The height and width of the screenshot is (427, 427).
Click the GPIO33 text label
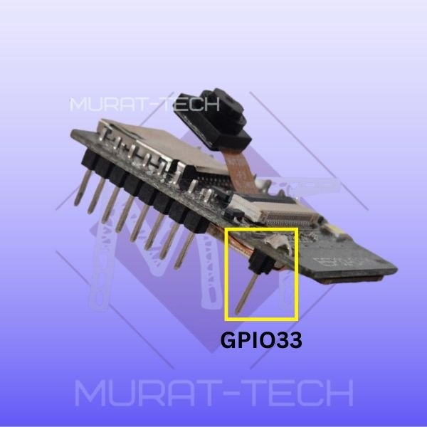pyautogui.click(x=260, y=341)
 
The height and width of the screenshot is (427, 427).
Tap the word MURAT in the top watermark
pyautogui.click(x=107, y=105)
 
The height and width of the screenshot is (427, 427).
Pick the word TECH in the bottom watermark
pyautogui.click(x=305, y=393)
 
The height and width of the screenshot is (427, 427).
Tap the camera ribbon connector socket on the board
pyautogui.click(x=270, y=211)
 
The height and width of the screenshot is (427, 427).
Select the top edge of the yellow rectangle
pyautogui.click(x=260, y=230)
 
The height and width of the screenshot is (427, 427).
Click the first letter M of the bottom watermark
pyautogui.click(x=92, y=393)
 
